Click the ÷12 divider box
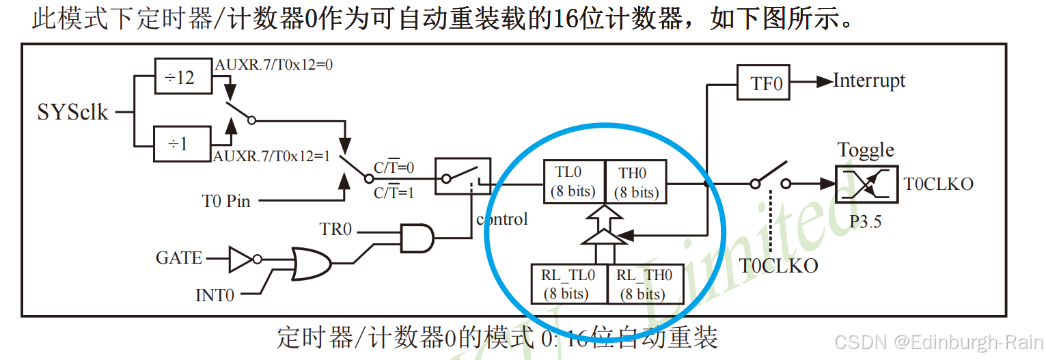click(x=179, y=77)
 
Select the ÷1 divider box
click(x=179, y=143)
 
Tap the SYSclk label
click(x=72, y=111)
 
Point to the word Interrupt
click(x=869, y=81)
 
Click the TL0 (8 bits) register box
click(x=573, y=182)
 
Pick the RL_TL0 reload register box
click(x=568, y=283)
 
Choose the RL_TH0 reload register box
click(x=644, y=283)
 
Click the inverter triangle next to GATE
click(x=240, y=259)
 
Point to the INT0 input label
click(x=215, y=295)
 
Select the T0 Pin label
click(x=225, y=201)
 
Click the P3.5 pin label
click(x=865, y=221)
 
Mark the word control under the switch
click(x=502, y=219)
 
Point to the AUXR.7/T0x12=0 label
click(x=269, y=64)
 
